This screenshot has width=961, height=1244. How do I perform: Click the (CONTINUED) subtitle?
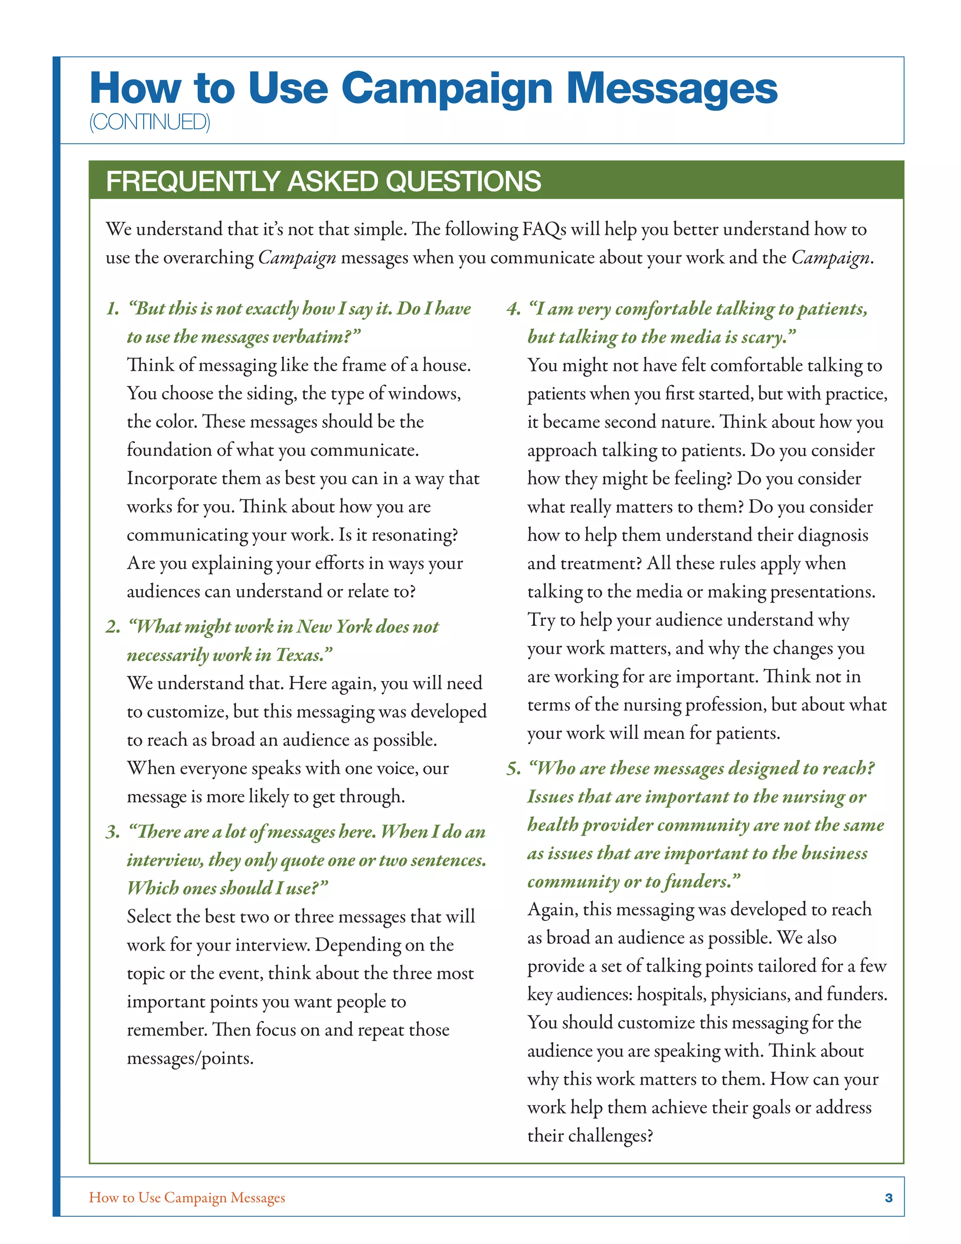[x=150, y=122]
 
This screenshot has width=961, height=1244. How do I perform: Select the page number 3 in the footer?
[x=888, y=1198]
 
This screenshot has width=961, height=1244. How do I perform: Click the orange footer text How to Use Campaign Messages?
[x=187, y=1198]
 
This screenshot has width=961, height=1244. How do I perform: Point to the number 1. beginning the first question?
[x=113, y=309]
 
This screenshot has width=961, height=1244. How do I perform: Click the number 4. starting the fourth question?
[x=513, y=309]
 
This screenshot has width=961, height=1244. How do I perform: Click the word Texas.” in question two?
[x=304, y=655]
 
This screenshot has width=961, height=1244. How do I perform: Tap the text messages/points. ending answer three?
[x=190, y=1058]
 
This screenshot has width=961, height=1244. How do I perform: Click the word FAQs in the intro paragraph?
[x=544, y=230]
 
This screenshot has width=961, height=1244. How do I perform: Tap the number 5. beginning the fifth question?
[x=513, y=768]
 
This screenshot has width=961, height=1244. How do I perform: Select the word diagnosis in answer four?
[x=833, y=535]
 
